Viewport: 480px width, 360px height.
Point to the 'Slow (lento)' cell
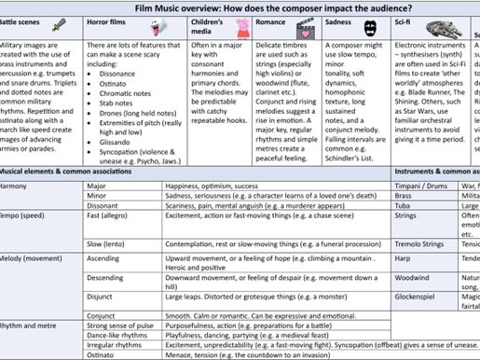coord(106,242)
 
